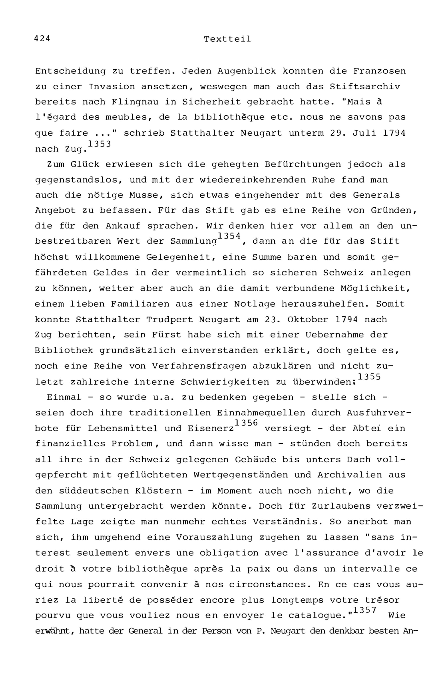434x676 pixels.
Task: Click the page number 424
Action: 42,38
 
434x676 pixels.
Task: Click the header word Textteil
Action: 227,39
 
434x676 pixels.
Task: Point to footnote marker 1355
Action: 369,377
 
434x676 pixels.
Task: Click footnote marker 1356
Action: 246,423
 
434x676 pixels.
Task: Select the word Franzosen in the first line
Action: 379,71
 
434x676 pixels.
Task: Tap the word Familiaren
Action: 140,304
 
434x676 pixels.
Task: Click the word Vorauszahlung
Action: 214,537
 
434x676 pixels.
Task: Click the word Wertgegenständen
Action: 241,475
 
